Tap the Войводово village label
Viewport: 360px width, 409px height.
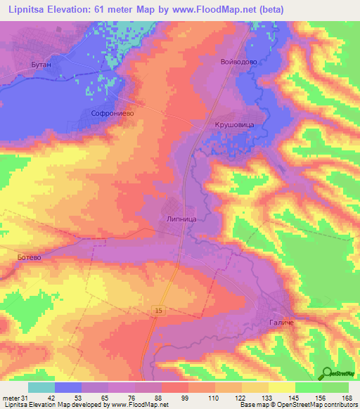click(x=240, y=62)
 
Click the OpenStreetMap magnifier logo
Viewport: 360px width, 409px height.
click(x=327, y=373)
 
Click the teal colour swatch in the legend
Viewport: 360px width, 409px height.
click(x=41, y=387)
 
